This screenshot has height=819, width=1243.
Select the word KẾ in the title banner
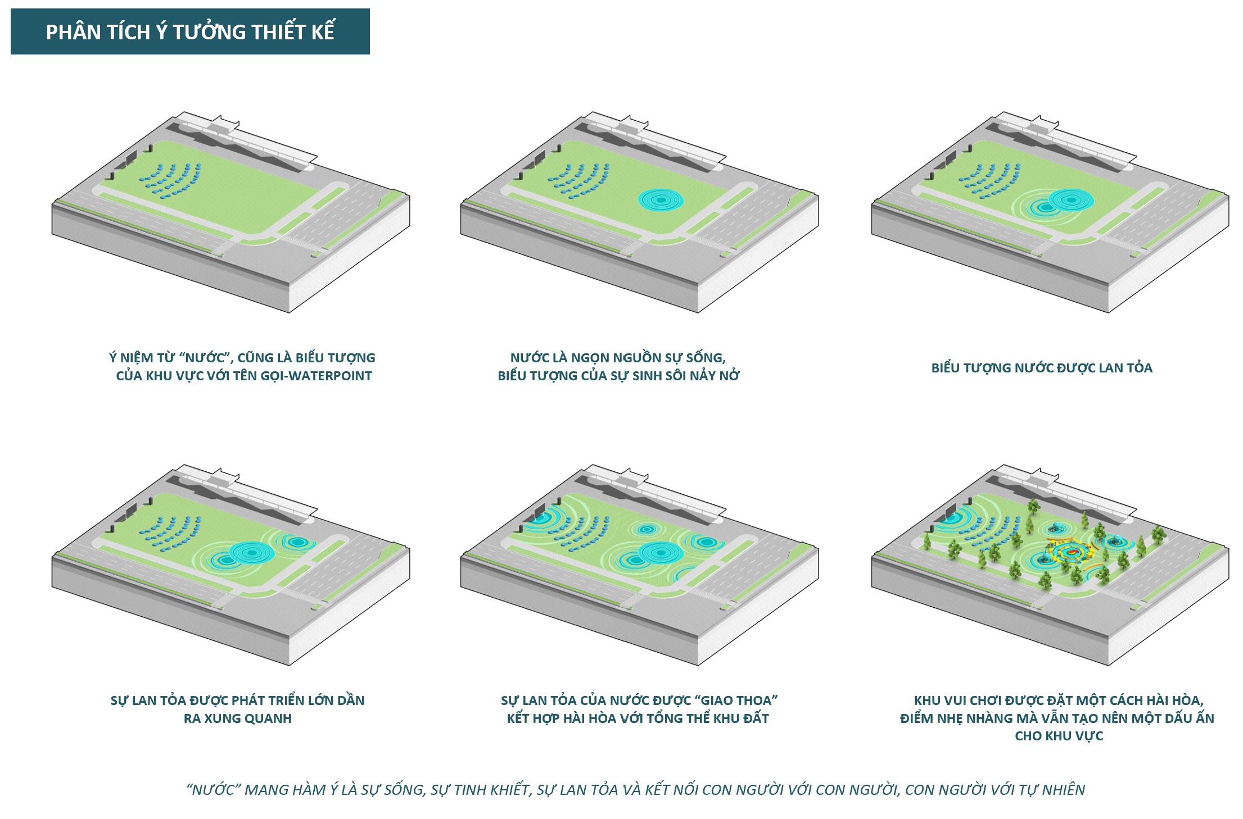pos(322,32)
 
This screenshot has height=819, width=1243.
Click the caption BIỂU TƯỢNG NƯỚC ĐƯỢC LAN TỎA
pos(1042,368)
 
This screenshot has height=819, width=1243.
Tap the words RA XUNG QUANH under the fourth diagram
pos(237,718)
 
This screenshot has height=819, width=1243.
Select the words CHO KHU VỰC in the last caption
pos(1059,736)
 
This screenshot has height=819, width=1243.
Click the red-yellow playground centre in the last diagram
pos(1070,552)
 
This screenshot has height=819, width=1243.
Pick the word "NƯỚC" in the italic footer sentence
pos(213,790)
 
